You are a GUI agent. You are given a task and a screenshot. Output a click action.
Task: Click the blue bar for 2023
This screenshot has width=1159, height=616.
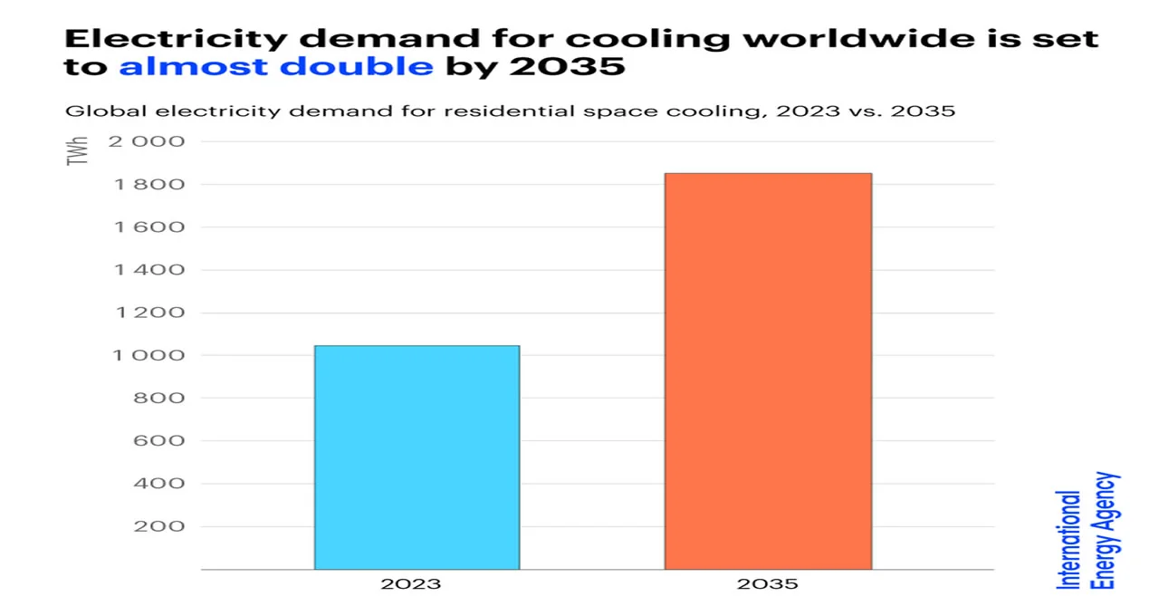pyautogui.click(x=417, y=457)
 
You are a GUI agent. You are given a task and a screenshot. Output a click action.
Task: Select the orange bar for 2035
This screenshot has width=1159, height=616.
pyautogui.click(x=768, y=371)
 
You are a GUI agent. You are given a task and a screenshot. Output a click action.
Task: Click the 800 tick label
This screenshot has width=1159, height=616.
pyautogui.click(x=158, y=399)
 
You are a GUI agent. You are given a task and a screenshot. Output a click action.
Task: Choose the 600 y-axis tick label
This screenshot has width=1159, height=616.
pyautogui.click(x=158, y=441)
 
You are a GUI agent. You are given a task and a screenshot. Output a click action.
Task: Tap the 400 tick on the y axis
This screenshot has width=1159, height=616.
pyautogui.click(x=158, y=484)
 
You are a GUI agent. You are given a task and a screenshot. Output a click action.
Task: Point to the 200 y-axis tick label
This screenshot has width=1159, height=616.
pyautogui.click(x=158, y=526)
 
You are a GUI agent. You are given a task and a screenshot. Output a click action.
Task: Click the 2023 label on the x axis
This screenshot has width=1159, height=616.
pyautogui.click(x=411, y=584)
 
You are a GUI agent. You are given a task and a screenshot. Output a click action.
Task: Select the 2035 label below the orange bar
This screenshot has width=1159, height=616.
pyautogui.click(x=768, y=584)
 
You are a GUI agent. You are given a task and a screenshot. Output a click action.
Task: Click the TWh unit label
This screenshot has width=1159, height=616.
pyautogui.click(x=80, y=149)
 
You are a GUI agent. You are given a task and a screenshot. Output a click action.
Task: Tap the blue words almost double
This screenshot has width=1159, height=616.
pyautogui.click(x=276, y=68)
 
